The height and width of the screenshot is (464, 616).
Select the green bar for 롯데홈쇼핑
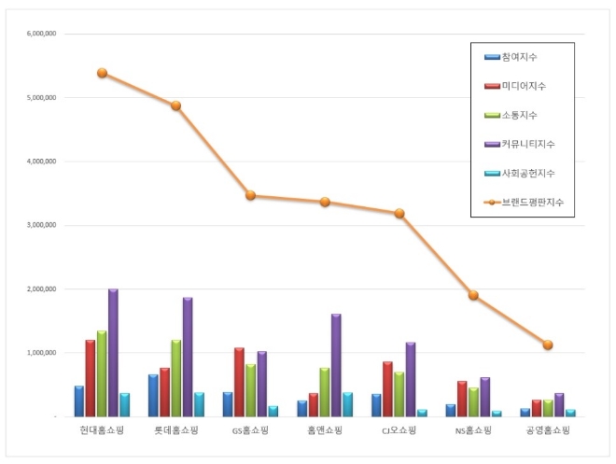[175, 378]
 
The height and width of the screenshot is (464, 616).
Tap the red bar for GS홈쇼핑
[239, 382]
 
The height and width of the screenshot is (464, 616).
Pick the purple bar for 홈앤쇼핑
[336, 365]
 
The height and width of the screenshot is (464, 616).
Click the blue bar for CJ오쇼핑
[376, 405]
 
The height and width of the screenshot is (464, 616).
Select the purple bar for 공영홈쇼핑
[559, 405]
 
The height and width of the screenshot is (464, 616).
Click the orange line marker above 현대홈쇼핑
[102, 73]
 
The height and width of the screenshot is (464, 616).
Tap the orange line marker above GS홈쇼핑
[250, 195]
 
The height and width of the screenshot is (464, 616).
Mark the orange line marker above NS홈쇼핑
[473, 295]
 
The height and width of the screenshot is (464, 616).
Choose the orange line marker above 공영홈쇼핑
[548, 344]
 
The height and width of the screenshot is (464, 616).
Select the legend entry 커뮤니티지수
[527, 144]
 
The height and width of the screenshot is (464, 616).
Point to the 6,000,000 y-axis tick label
[43, 34]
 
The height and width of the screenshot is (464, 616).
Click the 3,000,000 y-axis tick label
[43, 225]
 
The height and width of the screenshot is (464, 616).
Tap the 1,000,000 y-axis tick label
[43, 353]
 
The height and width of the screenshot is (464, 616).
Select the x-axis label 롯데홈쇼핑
[176, 431]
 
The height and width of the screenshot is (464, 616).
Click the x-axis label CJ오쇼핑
[399, 431]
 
